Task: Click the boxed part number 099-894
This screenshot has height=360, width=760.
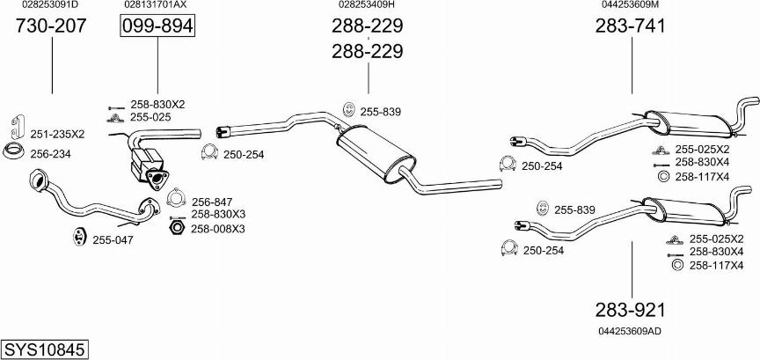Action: pos(157,26)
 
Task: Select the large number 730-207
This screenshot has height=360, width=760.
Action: pos(51,26)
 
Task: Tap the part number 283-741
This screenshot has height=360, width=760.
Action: pos(631,26)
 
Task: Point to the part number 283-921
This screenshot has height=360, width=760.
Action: pos(631,310)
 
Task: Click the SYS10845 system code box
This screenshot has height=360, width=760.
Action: pos(45,349)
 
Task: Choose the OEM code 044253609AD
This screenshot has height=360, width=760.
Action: pos(630,331)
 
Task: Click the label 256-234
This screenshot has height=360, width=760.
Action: pos(50,154)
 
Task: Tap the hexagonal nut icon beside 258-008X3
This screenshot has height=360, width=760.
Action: pos(177,227)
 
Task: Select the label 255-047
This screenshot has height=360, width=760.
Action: pos(113,239)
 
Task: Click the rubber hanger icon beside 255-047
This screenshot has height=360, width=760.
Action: pos(78,236)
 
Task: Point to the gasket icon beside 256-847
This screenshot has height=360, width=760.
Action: pos(177,197)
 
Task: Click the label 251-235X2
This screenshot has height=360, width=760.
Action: pos(57,135)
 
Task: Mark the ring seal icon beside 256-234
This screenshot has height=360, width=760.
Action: pos(13,151)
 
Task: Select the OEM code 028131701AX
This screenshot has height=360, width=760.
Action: pos(155,4)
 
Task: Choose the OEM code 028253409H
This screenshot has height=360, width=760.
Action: pos(367,4)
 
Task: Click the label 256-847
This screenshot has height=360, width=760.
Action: pos(212,202)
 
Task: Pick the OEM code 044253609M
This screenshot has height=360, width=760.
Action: pos(630,4)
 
